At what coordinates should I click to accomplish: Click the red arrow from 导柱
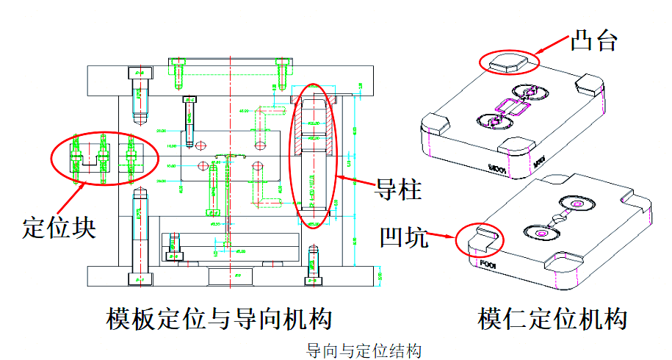(356, 178)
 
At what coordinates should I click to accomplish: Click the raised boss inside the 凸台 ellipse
(510, 61)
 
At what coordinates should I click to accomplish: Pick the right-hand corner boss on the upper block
(589, 82)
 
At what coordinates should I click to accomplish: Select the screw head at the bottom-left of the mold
(139, 278)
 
